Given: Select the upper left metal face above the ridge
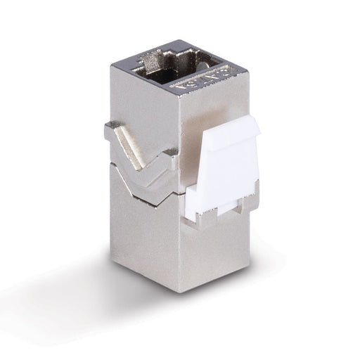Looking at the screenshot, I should (141, 105).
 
